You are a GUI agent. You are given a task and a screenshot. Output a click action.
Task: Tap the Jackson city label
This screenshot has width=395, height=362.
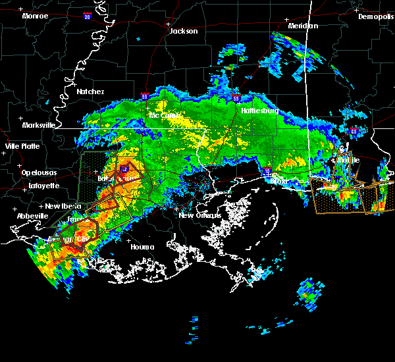(183, 31)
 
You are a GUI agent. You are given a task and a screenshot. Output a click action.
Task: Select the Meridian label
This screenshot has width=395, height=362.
(303, 26)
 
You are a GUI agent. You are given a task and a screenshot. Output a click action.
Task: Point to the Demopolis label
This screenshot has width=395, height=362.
(376, 16)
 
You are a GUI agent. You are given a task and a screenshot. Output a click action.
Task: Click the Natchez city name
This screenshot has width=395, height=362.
(90, 91)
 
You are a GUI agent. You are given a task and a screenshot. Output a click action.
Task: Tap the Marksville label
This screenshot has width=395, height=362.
(38, 125)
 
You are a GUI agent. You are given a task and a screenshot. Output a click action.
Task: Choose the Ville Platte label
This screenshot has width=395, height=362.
(22, 146)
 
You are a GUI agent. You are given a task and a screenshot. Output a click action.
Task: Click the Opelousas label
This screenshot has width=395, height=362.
(39, 172)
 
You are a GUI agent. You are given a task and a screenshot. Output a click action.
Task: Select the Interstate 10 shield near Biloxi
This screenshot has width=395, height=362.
(267, 171)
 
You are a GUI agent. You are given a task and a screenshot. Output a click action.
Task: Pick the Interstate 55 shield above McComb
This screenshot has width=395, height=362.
(144, 97)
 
